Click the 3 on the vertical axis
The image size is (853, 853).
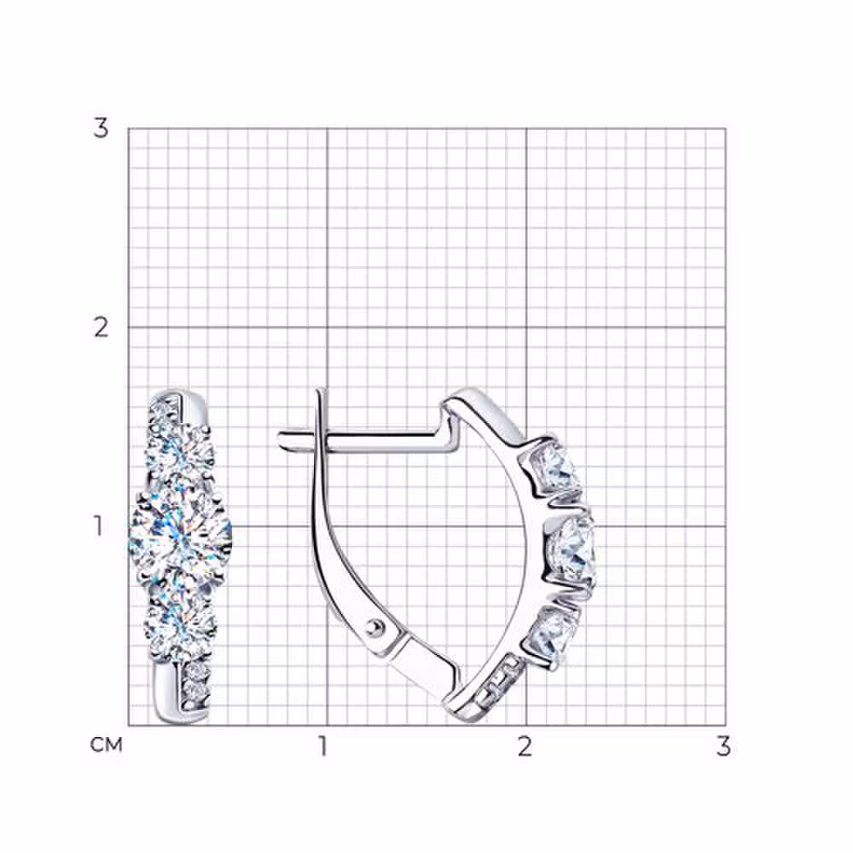coord(101,129)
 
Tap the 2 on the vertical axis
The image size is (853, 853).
coord(101,328)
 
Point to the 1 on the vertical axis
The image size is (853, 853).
coord(98,526)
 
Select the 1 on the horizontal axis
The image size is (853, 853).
coord(323,747)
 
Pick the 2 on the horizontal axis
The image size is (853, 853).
coord(524,747)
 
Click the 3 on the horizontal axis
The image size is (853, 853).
coord(723,747)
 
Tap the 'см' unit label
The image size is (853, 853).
coord(106,745)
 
